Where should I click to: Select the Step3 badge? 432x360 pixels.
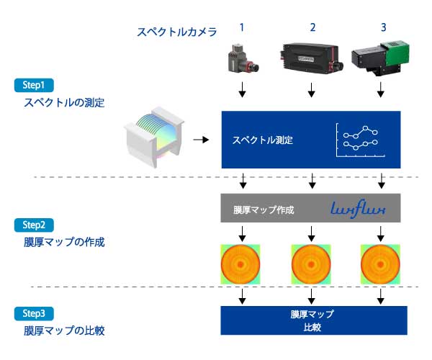tap(34, 314)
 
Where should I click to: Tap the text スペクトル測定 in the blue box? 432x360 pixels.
tap(263, 140)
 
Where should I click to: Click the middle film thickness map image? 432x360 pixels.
tap(312, 262)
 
